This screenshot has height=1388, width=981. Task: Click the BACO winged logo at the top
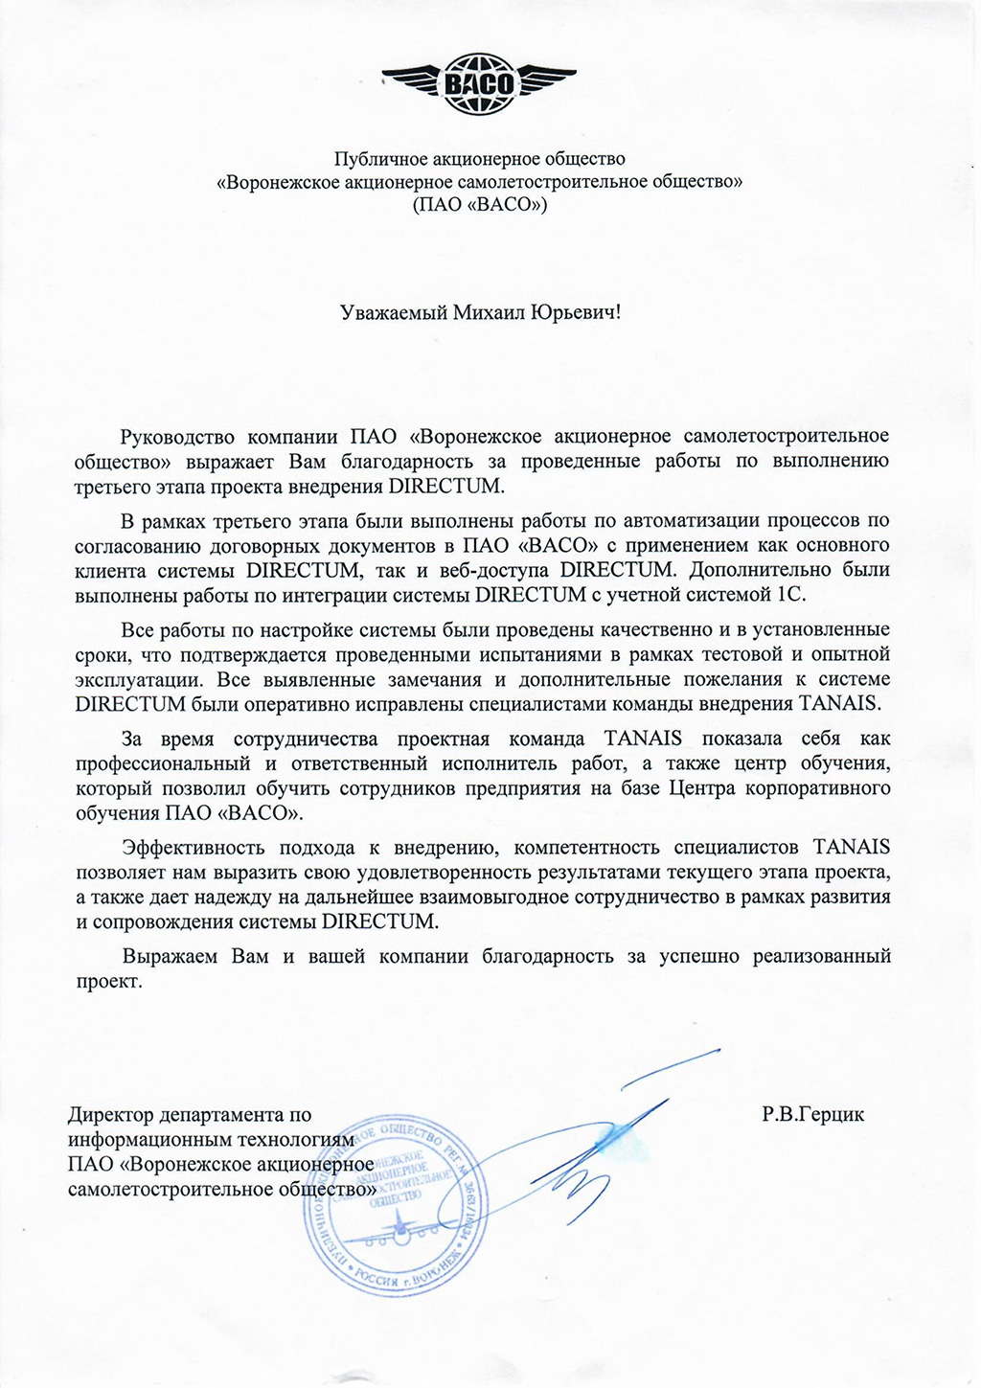point(478,84)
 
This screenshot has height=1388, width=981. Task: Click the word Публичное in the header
point(376,158)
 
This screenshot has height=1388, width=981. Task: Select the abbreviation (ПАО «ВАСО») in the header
point(479,204)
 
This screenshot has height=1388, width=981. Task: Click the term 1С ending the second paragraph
point(793,594)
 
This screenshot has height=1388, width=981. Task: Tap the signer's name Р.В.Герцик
point(813,1115)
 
